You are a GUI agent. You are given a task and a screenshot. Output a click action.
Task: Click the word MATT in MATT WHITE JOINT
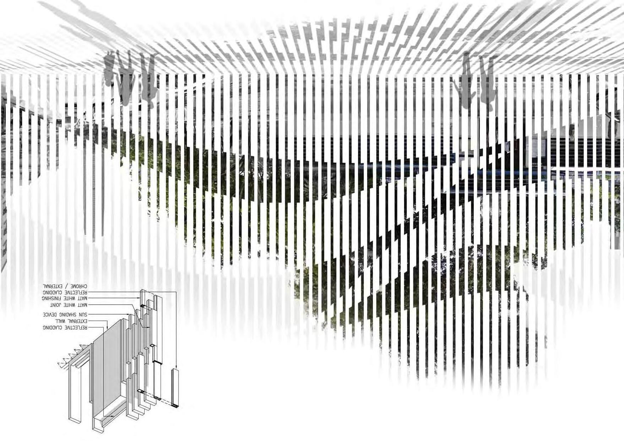tap(83, 305)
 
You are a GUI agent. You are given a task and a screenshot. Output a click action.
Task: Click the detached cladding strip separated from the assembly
tap(175, 387)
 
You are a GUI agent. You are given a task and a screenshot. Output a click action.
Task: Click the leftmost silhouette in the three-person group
tap(110, 69)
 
